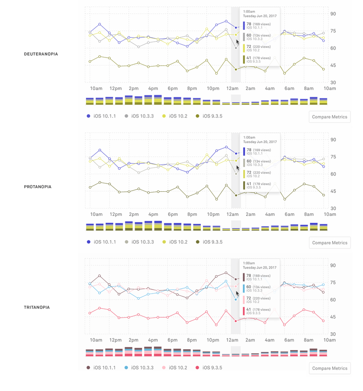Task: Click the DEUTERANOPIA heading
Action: click(41, 54)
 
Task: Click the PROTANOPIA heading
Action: click(38, 187)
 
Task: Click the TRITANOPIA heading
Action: click(37, 307)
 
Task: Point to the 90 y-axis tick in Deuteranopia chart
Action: click(333, 14)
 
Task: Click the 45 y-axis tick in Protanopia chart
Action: click(333, 191)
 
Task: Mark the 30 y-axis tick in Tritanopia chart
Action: click(333, 334)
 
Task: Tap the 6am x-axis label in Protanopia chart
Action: click(289, 215)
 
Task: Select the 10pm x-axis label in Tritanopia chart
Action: click(213, 340)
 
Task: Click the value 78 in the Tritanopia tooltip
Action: click(249, 276)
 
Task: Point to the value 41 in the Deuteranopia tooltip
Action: click(249, 58)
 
